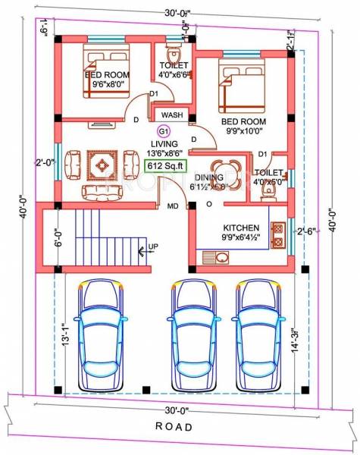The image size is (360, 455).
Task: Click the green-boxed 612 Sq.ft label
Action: [164, 166]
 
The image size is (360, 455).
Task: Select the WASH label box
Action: [171, 115]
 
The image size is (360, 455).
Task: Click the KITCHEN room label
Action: [242, 227]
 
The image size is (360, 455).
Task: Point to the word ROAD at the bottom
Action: [174, 427]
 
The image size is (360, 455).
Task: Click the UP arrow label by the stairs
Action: [153, 247]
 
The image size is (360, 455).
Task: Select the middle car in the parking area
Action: [192, 334]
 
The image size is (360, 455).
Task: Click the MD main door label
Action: [173, 206]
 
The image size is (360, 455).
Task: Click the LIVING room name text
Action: [164, 143]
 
